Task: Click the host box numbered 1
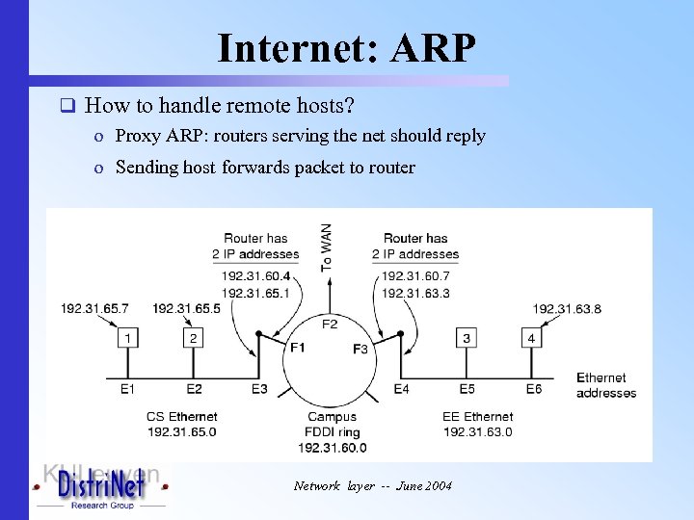coord(128,338)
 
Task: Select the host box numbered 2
coord(194,338)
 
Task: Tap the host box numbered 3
coord(467,338)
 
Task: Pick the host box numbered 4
coord(531,338)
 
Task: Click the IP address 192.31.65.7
coord(94,308)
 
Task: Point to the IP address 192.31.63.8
coord(567,308)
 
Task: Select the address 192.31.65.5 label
coord(187,308)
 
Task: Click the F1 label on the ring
coord(297,347)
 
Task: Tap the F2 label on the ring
coord(330,324)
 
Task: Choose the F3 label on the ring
coord(360,348)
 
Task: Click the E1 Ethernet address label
coord(128,388)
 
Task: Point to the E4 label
coord(401,388)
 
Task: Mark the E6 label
coord(533,388)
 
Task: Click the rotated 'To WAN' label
coord(328,247)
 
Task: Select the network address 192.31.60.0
coord(332,448)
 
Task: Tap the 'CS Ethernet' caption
coord(182,417)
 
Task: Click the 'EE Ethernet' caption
coord(478,417)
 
